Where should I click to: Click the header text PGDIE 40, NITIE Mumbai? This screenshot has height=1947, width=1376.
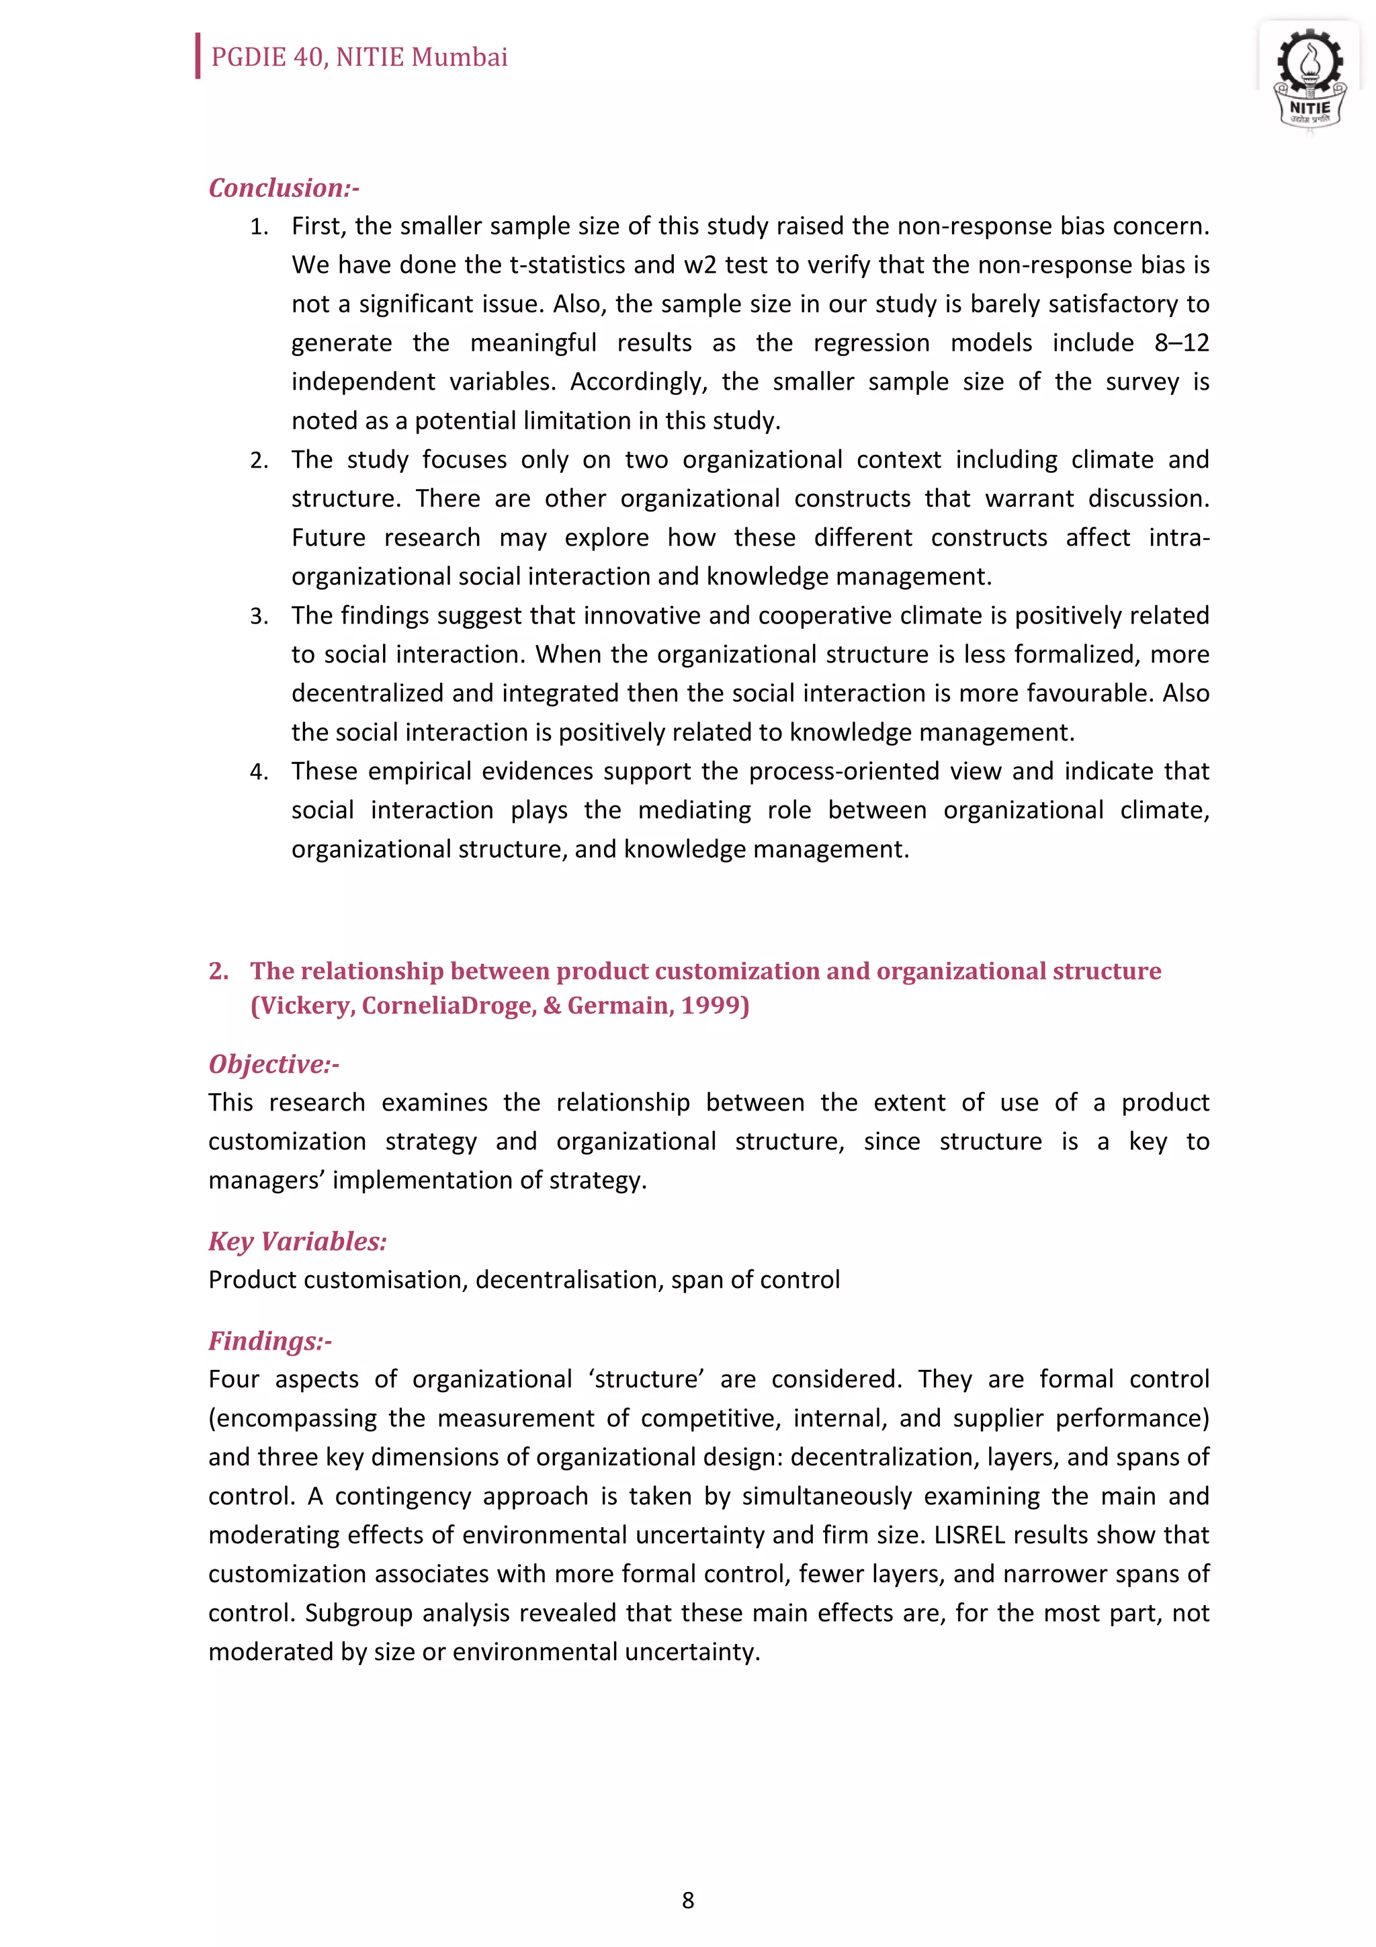tap(359, 57)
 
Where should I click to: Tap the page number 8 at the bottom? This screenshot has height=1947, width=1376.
tap(687, 1899)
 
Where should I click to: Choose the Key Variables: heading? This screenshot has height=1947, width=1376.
tap(298, 1241)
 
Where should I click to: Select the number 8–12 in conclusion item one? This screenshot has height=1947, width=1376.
tap(1181, 343)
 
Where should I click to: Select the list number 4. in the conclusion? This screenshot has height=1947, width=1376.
tap(259, 772)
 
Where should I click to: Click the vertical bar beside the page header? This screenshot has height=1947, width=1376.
tap(198, 56)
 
